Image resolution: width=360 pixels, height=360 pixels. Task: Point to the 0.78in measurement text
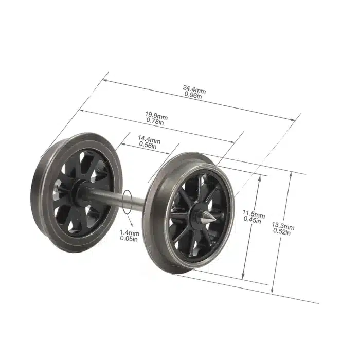(x=155, y=122)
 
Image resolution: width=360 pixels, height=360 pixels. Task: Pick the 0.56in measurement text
(x=149, y=146)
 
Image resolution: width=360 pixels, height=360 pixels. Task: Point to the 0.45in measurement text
(x=254, y=220)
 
